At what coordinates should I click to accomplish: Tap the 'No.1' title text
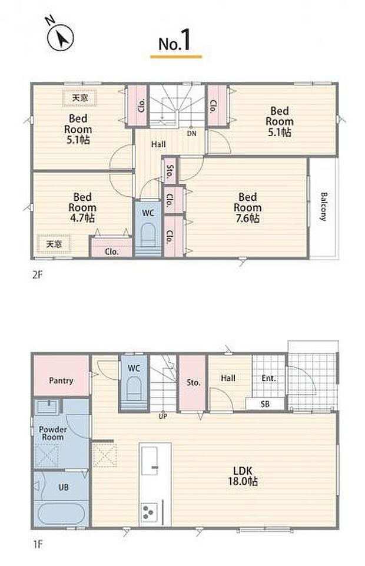(x=175, y=41)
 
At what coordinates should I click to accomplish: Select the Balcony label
(x=324, y=207)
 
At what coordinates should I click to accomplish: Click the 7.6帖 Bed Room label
(x=247, y=207)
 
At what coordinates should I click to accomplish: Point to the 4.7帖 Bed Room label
(x=82, y=207)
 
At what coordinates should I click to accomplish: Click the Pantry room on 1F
(x=61, y=376)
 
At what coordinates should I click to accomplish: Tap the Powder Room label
(x=52, y=433)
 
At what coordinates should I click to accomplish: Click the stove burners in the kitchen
(x=149, y=511)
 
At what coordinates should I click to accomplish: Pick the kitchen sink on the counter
(x=150, y=461)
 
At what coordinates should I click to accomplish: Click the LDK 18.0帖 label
(x=243, y=476)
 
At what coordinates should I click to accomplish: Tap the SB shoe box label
(x=265, y=404)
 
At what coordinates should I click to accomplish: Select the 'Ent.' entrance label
(x=268, y=378)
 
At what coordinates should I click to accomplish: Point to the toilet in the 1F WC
(x=134, y=388)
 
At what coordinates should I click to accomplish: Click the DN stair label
(x=191, y=133)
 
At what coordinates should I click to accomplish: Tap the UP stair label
(x=163, y=416)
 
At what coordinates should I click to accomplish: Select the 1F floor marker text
(x=38, y=544)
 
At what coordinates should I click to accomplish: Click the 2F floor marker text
(x=38, y=274)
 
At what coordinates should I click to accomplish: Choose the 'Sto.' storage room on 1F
(x=193, y=383)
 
